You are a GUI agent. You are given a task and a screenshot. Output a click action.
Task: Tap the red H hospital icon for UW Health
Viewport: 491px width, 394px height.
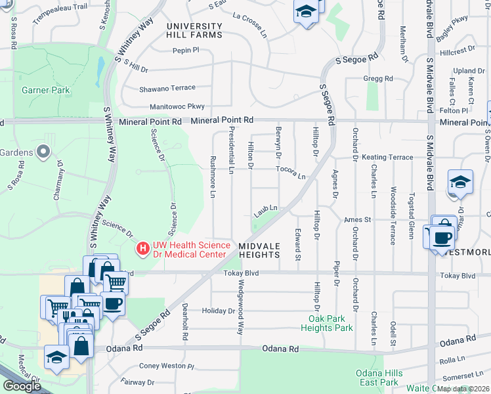point(142,248)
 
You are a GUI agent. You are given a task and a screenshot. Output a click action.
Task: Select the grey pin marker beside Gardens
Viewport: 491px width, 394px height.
point(44,152)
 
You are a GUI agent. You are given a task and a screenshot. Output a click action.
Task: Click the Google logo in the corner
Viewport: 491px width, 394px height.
point(22,386)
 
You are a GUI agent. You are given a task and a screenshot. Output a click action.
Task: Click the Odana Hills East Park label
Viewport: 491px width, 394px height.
point(377,378)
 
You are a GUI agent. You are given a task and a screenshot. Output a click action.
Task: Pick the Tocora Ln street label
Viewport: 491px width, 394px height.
point(291,172)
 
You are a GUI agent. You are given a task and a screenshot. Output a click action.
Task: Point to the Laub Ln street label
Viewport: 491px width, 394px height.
point(267,210)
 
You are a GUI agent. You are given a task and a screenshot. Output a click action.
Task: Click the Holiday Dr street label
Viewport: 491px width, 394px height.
point(214,311)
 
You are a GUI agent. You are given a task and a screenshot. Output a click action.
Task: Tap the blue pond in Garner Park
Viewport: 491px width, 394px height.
point(100,66)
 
